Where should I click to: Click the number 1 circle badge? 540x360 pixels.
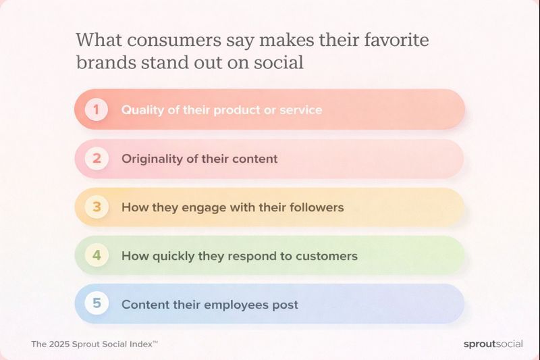(97, 109)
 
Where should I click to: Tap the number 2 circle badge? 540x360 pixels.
(97, 159)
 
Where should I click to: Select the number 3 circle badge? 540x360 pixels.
(97, 207)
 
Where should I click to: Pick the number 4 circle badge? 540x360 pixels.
(97, 256)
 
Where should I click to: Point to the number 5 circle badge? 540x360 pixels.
(97, 304)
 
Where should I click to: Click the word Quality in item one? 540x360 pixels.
(142, 109)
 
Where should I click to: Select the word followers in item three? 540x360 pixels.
(317, 207)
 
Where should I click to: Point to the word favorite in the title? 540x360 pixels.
(396, 41)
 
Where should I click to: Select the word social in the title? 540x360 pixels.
(280, 63)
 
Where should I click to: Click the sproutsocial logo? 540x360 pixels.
(493, 344)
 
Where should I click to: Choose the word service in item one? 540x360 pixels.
(300, 109)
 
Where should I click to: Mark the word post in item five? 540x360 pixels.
(284, 305)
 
